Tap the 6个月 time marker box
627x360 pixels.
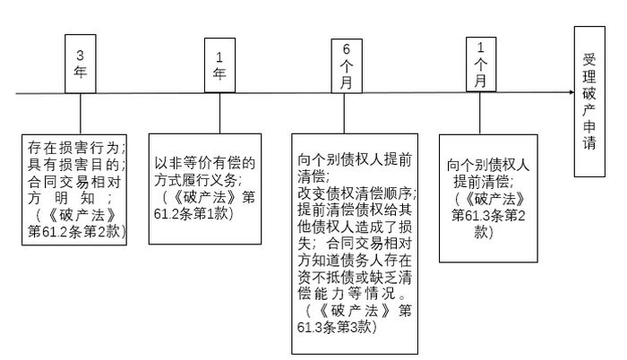coord(348,64)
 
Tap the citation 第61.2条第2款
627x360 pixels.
coord(78,232)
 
